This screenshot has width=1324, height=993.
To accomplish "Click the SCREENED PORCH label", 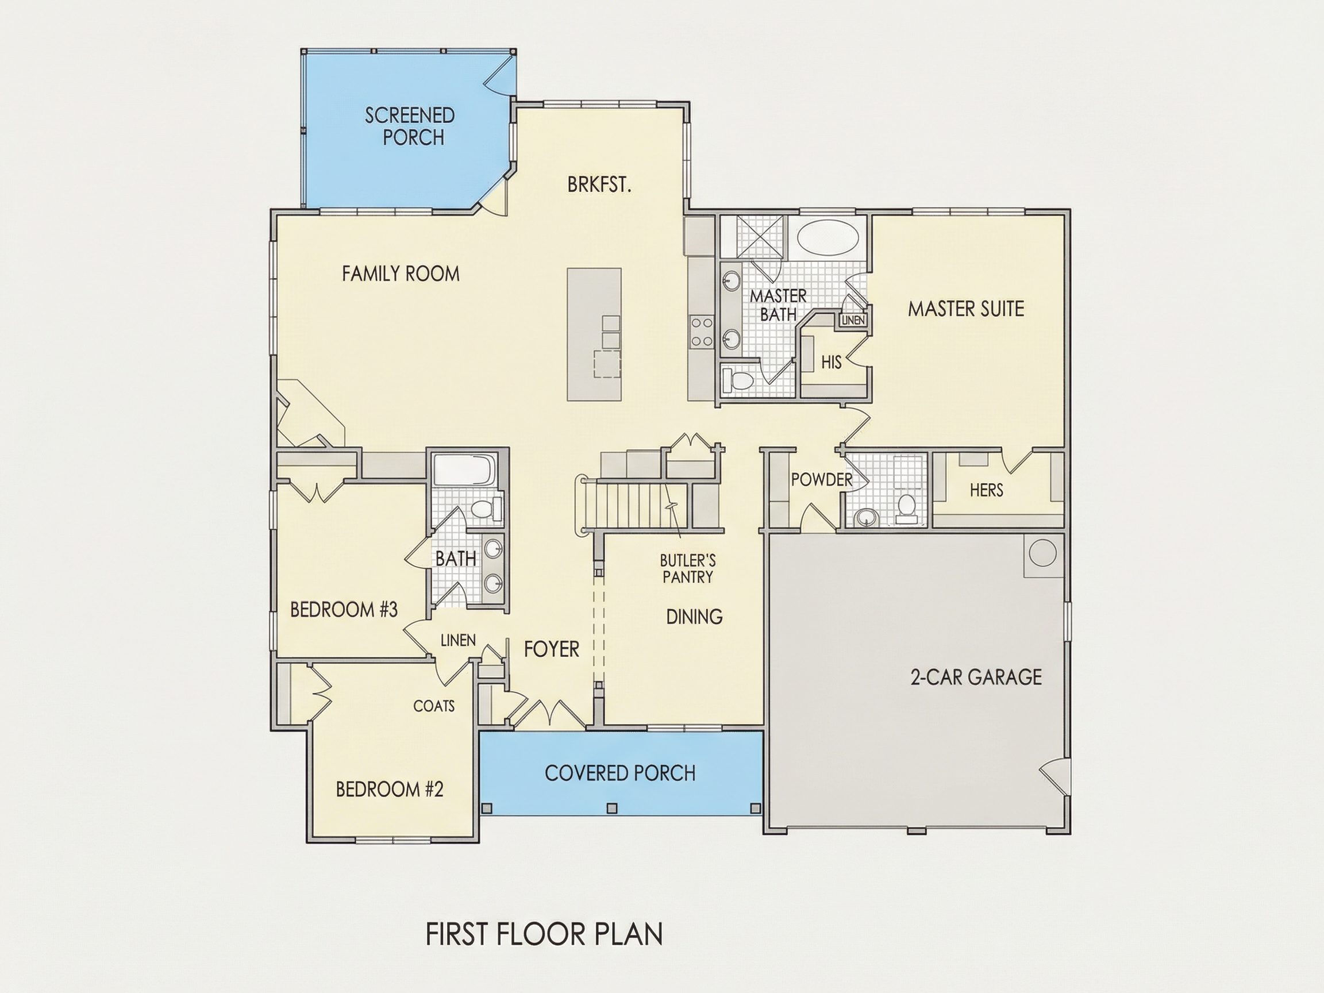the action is (410, 126).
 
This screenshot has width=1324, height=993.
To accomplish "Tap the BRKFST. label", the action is (600, 185).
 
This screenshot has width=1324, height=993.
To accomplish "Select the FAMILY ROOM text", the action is (401, 274).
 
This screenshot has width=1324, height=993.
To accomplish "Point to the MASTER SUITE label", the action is (966, 309).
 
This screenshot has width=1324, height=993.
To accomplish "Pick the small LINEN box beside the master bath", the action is (853, 320).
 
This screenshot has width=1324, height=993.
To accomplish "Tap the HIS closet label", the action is (832, 362).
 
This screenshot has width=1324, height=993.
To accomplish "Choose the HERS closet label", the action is (987, 490).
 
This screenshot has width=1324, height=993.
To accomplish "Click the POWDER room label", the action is (821, 479).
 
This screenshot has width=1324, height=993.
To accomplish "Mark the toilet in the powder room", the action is (906, 508).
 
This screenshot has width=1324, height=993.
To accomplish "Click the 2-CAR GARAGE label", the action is (976, 677).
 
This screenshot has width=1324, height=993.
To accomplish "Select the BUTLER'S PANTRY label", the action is (688, 569).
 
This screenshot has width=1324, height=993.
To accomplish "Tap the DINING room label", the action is (694, 617).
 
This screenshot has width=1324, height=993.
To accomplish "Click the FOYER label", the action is (551, 649).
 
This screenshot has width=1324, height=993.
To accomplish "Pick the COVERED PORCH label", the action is (620, 773).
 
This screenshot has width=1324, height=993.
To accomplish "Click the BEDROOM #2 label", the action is (390, 790).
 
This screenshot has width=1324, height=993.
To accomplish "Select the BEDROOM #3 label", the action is (344, 610).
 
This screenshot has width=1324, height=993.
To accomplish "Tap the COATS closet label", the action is (434, 706).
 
